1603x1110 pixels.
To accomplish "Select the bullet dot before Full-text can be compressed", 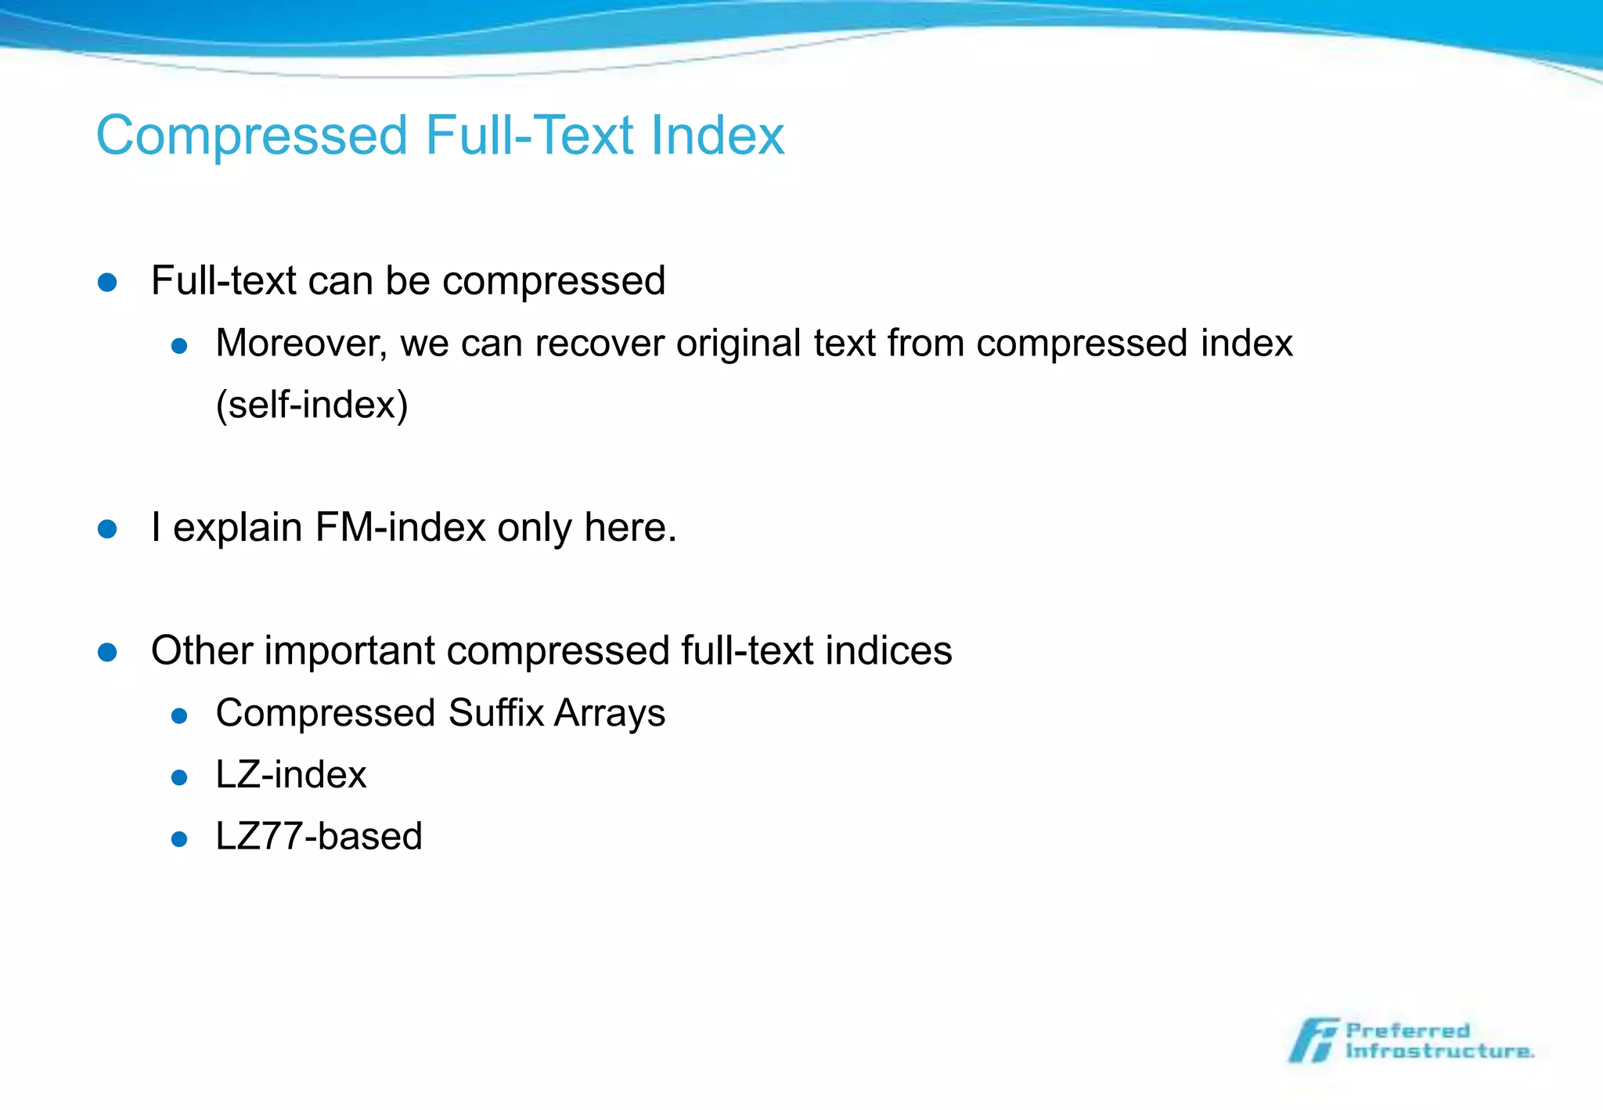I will click(x=107, y=283).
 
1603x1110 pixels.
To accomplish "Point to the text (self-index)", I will click(x=312, y=405).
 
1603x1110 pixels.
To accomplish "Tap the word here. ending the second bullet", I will click(x=630, y=528).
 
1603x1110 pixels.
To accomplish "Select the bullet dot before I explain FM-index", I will click(x=107, y=529).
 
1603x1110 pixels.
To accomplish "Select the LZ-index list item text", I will click(x=290, y=775).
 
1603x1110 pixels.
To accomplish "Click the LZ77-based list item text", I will click(x=319, y=837).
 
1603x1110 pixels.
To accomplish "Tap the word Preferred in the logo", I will click(x=1407, y=1031).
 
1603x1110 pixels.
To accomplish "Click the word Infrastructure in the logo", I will click(x=1439, y=1051).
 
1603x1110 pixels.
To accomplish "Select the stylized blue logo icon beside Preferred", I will click(x=1313, y=1041).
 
